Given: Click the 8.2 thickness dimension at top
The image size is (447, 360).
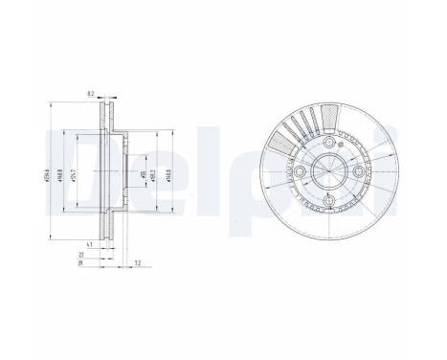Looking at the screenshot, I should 89,93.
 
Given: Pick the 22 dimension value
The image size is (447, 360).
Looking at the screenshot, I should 80,255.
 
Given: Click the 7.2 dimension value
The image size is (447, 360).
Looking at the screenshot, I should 138,261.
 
